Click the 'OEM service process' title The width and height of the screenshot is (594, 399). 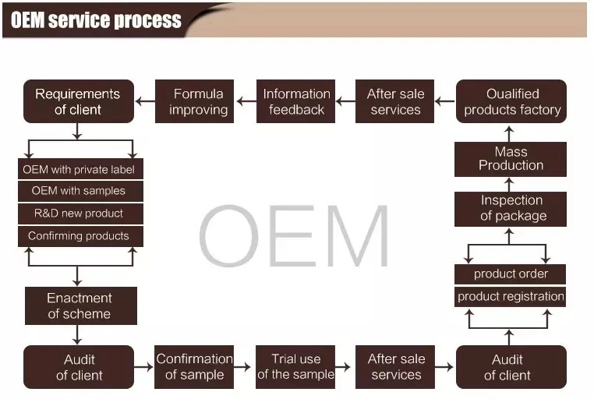[96, 19]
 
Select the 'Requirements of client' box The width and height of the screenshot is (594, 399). [78, 101]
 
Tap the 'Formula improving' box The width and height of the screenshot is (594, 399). [199, 101]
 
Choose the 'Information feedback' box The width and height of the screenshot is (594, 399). [296, 101]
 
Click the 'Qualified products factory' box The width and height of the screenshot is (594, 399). [511, 101]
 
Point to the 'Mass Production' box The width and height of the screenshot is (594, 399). [511, 158]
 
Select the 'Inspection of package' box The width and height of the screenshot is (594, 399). [511, 209]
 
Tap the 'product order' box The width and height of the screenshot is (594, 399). [511, 274]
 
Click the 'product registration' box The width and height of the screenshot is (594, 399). [511, 296]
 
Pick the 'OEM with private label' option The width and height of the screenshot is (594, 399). [79, 169]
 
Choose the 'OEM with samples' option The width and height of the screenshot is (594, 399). [79, 191]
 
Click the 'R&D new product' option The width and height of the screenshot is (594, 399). [79, 213]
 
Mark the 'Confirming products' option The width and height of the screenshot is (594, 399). [79, 235]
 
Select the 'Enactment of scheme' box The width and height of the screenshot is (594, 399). [80, 305]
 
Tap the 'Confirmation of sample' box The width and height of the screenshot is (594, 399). [194, 367]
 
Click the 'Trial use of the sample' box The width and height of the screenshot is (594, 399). [295, 367]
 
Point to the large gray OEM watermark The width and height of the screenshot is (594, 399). [294, 235]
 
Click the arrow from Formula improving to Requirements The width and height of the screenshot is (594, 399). [145, 101]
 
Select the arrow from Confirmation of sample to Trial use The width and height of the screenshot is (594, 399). [245, 367]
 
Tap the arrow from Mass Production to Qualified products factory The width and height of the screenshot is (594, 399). [511, 132]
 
